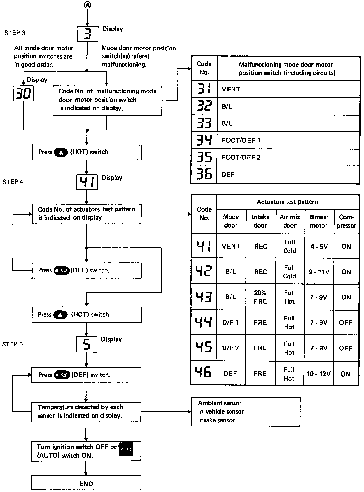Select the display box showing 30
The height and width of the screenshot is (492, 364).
(x=23, y=93)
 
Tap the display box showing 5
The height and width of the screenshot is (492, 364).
(x=87, y=344)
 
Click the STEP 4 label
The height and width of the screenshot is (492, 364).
(x=13, y=182)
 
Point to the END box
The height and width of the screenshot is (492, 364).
(x=86, y=484)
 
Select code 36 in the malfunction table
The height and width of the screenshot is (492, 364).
(x=204, y=174)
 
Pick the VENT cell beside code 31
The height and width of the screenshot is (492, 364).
(x=231, y=89)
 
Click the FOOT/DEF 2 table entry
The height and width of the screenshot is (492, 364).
(x=241, y=157)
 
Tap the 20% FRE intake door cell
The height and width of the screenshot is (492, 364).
(x=260, y=297)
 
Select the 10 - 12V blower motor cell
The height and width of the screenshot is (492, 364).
(x=319, y=374)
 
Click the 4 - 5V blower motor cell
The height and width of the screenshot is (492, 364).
(x=319, y=247)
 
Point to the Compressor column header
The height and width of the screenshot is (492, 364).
(x=346, y=221)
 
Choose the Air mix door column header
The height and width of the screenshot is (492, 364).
(x=290, y=221)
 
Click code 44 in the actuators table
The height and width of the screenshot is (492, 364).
(x=204, y=322)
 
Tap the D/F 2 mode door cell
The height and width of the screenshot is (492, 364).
(x=230, y=348)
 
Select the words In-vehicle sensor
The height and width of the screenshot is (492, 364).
(x=221, y=411)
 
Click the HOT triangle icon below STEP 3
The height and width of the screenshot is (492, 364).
(x=61, y=152)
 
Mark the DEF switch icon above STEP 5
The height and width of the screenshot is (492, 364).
(x=61, y=271)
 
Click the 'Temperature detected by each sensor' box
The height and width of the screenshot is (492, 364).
(x=86, y=411)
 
